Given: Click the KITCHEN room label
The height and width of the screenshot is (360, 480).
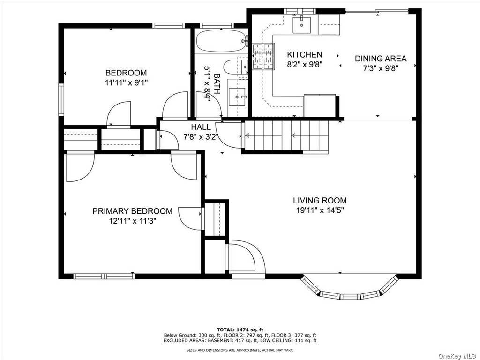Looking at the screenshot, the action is (x=305, y=55).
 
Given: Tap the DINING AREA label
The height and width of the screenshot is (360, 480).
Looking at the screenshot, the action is (x=381, y=59).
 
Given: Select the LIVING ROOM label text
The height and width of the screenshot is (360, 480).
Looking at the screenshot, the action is (x=320, y=201).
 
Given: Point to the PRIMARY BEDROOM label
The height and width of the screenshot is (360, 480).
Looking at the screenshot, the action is (x=133, y=211).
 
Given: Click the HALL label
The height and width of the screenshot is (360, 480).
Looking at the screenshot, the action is (x=201, y=127).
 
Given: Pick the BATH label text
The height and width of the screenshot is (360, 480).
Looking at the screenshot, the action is (x=217, y=83).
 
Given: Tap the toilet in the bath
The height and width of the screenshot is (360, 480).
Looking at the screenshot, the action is (x=235, y=67).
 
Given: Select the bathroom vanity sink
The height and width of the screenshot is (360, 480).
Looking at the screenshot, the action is (x=238, y=97).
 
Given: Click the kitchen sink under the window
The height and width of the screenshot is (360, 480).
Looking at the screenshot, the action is (x=301, y=25).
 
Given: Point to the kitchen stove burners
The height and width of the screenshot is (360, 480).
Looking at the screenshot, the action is (x=263, y=57).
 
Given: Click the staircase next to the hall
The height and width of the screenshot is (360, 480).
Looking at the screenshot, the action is (x=285, y=135).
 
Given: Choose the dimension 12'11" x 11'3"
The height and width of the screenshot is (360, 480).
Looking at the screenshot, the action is (x=133, y=221).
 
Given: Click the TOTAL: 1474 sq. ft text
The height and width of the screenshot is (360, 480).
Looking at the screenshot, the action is (x=240, y=330).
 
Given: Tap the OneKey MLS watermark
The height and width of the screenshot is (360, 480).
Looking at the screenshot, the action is (x=458, y=356).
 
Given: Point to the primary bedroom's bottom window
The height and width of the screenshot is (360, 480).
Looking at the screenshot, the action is (x=104, y=276).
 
